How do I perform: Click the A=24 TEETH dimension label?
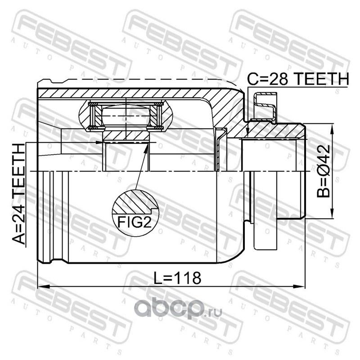19,194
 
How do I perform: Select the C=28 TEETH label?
298,79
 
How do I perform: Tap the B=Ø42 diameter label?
324,171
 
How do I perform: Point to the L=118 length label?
177,278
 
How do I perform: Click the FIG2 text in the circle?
135,222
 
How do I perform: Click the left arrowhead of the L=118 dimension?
44,287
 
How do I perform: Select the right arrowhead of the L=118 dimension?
299,287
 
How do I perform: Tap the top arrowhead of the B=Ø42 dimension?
332,129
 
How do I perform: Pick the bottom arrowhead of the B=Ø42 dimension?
332,213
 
